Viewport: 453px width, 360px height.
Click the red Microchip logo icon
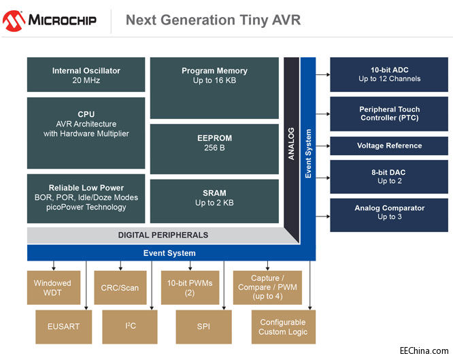point(14,20)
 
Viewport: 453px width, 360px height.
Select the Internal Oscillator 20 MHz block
point(86,75)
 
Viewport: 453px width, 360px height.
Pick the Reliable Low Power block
point(86,198)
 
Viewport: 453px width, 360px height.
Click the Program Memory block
point(214,87)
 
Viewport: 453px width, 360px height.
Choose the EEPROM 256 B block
point(214,148)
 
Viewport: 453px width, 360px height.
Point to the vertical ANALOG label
point(291,143)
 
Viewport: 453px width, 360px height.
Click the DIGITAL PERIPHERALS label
point(163,235)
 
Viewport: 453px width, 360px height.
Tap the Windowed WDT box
point(53,288)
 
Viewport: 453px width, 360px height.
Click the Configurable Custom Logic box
point(282,327)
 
